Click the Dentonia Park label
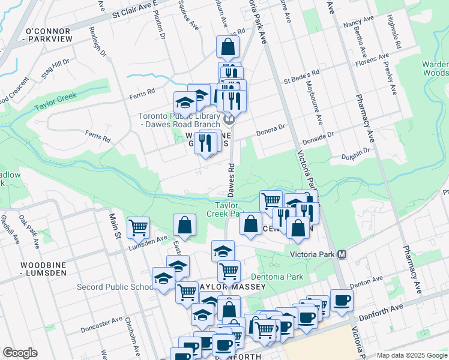click(x=277, y=277)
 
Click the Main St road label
click(x=114, y=225)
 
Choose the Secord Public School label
click(x=115, y=287)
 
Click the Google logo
click(x=20, y=353)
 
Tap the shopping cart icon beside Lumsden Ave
click(x=139, y=227)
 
